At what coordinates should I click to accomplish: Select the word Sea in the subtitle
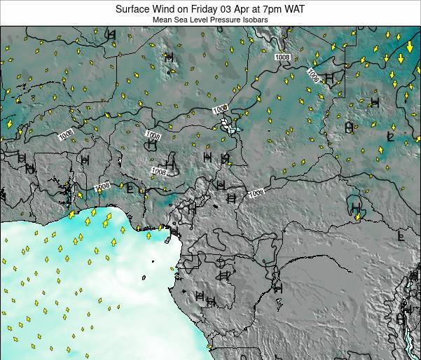[x=180, y=20]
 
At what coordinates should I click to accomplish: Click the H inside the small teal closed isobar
[x=355, y=207]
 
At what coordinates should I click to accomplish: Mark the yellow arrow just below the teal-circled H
[x=357, y=219]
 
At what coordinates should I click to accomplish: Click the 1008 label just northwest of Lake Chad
[x=220, y=108]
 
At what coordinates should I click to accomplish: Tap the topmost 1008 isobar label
[x=282, y=57]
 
